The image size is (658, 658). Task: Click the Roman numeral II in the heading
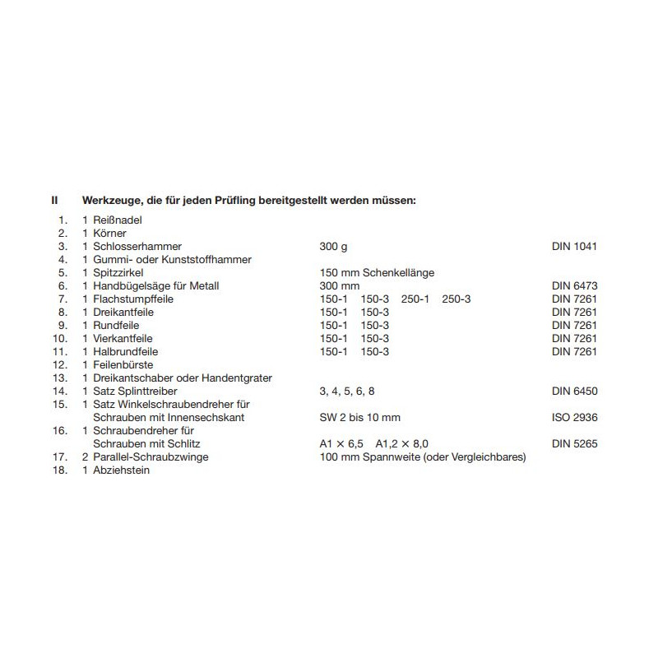(x=54, y=200)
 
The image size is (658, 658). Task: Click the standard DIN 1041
(x=574, y=246)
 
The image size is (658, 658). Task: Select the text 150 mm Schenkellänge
(x=376, y=272)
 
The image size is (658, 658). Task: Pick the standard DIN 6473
(x=574, y=285)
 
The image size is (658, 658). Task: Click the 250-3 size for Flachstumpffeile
(x=456, y=299)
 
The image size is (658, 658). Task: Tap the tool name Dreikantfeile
(x=123, y=312)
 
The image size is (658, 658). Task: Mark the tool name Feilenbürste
(x=123, y=364)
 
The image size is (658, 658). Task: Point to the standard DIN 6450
(x=574, y=391)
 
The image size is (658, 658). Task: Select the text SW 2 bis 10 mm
(x=359, y=417)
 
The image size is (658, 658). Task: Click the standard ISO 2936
(x=574, y=417)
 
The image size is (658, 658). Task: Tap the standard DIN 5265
(x=574, y=443)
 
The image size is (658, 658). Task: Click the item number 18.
(x=58, y=470)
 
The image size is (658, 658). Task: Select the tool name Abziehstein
(x=122, y=470)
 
